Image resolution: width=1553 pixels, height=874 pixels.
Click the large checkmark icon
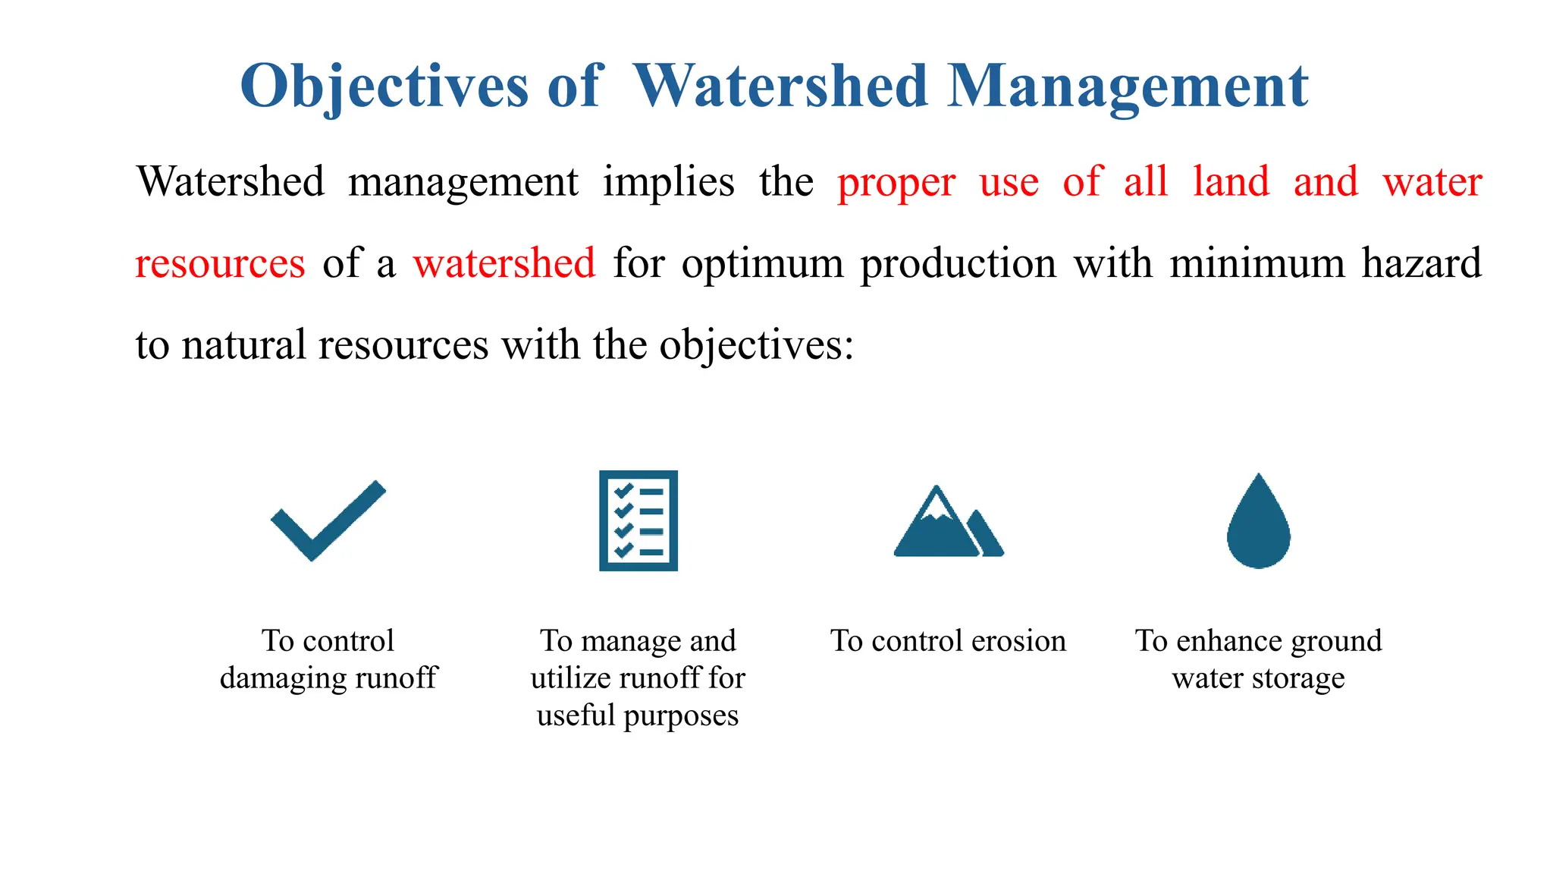pos(328,521)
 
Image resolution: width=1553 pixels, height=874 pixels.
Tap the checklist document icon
pos(638,520)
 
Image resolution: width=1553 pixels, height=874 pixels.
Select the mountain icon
pos(948,522)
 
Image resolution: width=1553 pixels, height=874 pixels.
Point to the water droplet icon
pos(1258,521)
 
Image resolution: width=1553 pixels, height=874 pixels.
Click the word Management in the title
pos(1128,86)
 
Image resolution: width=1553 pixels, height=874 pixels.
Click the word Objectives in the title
pos(384,86)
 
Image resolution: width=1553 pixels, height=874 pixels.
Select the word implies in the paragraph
pos(668,182)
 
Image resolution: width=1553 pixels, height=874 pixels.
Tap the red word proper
pos(896,182)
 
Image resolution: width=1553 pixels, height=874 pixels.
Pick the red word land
pos(1231,182)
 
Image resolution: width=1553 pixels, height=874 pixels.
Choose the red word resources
pos(220,263)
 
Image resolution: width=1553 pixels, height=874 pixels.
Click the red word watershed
pos(504,263)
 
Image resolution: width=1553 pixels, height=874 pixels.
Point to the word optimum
pos(762,263)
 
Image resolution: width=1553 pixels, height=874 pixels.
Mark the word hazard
pos(1421,263)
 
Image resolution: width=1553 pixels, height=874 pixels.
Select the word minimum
pos(1257,263)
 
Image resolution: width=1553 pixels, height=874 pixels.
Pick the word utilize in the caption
pos(572,678)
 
